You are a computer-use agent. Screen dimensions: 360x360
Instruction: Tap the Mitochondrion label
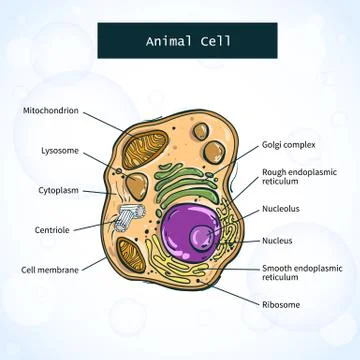coord(49,110)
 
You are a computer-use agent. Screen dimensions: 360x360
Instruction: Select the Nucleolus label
coord(280,209)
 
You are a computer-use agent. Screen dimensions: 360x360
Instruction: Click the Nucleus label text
coord(277,240)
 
